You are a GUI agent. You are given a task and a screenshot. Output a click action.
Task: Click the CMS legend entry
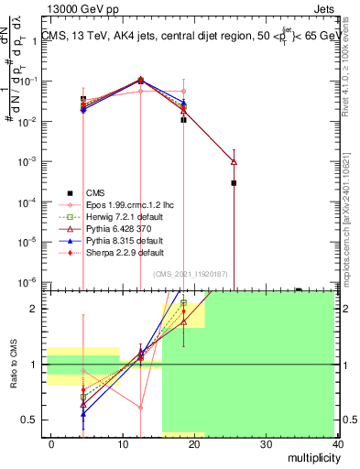pos(95,192)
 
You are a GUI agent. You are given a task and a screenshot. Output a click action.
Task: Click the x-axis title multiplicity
pos(310,457)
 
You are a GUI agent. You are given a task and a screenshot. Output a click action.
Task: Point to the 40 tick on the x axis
pos(338,444)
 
